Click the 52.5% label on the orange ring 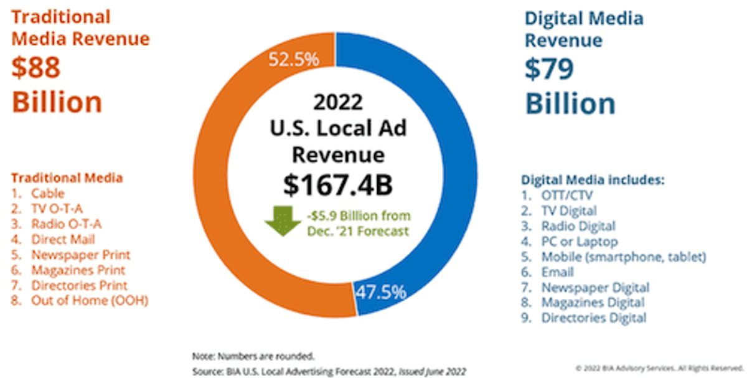point(294,60)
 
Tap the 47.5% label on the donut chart point(380,292)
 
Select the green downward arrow point(283,221)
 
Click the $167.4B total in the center point(338,185)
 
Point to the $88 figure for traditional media point(35,68)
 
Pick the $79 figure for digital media point(549,69)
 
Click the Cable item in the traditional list point(48,194)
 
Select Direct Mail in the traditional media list point(63,240)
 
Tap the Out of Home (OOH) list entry point(90,301)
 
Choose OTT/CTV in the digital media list point(567,195)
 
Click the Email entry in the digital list point(557,272)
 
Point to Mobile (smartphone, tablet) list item point(624,257)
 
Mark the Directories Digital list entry point(594,318)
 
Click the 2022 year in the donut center point(338,102)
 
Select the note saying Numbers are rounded point(253,356)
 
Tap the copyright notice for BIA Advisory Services point(659,368)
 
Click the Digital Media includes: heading point(593,180)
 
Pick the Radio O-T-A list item point(66,224)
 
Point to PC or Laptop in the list point(580,242)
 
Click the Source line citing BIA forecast point(329,371)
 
